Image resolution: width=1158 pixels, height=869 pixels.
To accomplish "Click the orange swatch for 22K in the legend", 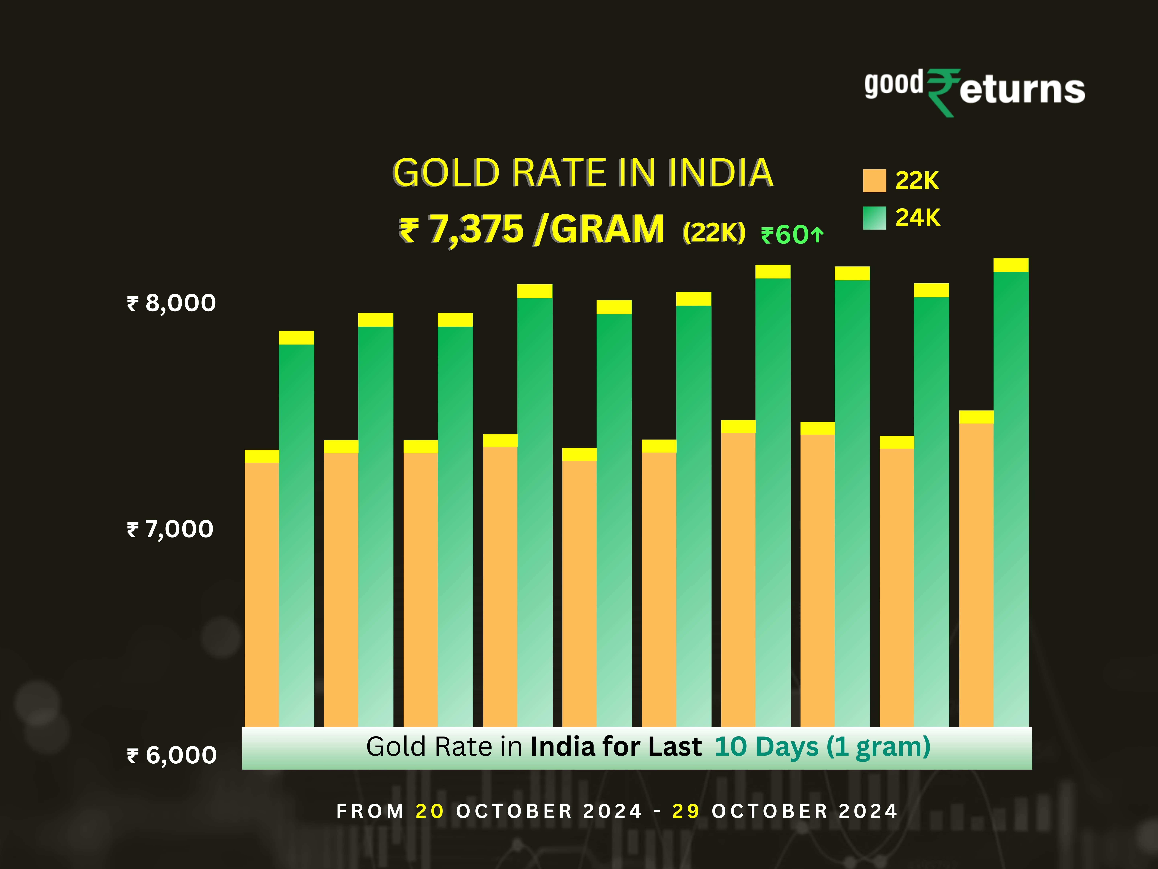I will point(874,181).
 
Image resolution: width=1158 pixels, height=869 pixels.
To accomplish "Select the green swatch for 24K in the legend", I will point(874,218).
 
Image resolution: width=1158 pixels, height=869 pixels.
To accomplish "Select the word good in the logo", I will point(894,84).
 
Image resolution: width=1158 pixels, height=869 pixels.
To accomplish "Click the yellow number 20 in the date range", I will point(429,811).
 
